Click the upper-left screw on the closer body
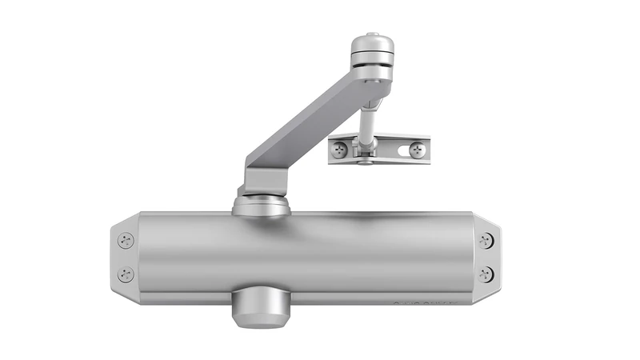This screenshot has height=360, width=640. [x=126, y=239]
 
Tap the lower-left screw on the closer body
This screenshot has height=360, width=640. [x=126, y=274]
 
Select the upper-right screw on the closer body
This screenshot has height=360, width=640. [x=486, y=239]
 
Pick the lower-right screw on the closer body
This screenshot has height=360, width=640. [x=486, y=274]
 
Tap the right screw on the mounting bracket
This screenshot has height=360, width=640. [x=416, y=149]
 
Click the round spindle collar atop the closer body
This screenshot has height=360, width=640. [x=261, y=206]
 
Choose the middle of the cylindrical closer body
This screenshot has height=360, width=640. [x=308, y=256]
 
